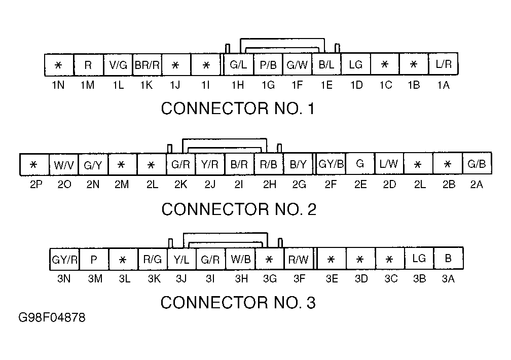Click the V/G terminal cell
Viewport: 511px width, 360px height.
pos(118,65)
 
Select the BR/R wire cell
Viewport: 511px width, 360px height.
pos(148,65)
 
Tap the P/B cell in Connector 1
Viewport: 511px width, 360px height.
pos(268,64)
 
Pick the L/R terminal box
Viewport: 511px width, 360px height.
pos(444,64)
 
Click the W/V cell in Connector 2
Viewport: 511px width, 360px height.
pos(64,165)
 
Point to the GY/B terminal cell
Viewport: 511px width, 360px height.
pos(331,164)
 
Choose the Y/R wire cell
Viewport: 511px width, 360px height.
pos(210,164)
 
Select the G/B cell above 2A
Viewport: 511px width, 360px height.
pos(477,163)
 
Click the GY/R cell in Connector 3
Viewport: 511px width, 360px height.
pos(64,260)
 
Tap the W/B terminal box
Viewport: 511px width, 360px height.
pos(240,259)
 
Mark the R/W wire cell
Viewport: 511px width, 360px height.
pos(299,259)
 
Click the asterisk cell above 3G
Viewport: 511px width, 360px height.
pos(270,259)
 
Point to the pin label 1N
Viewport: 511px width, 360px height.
pos(58,85)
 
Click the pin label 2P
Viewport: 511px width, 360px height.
pos(36,185)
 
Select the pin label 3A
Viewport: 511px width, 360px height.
pos(448,279)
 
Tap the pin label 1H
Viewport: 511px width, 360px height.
pos(238,85)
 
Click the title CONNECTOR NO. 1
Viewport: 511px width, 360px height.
pos(238,109)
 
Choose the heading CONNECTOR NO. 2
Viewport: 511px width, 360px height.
pos(239,209)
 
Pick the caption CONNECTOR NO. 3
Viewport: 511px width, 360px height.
pos(238,303)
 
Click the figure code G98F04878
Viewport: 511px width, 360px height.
pos(52,317)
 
